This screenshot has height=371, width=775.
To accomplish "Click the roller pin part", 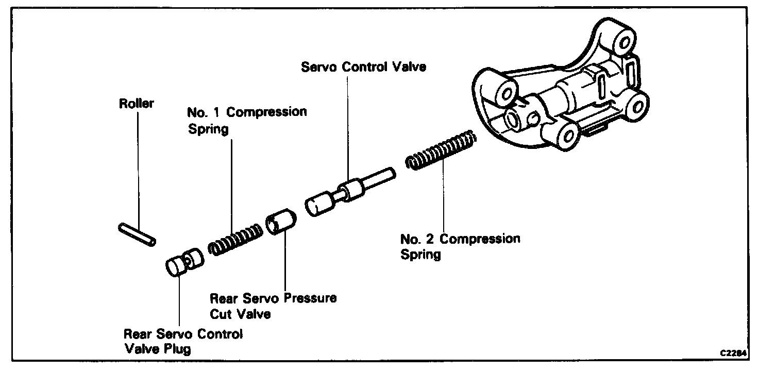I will pyautogui.click(x=137, y=234).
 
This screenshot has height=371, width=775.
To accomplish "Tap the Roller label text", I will pyautogui.click(x=137, y=104).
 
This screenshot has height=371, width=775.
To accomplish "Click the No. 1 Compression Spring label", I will pyautogui.click(x=247, y=120).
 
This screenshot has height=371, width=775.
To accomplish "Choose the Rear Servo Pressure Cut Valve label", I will pyautogui.click(x=273, y=306).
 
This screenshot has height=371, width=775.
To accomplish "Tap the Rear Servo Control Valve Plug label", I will pyautogui.click(x=183, y=341).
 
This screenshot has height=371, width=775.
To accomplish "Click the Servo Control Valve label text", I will pyautogui.click(x=363, y=67).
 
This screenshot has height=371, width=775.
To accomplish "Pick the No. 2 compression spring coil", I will pyautogui.click(x=442, y=150).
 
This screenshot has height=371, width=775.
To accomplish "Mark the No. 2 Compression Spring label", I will pyautogui.click(x=460, y=246).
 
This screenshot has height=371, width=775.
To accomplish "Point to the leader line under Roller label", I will pyautogui.click(x=138, y=165).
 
